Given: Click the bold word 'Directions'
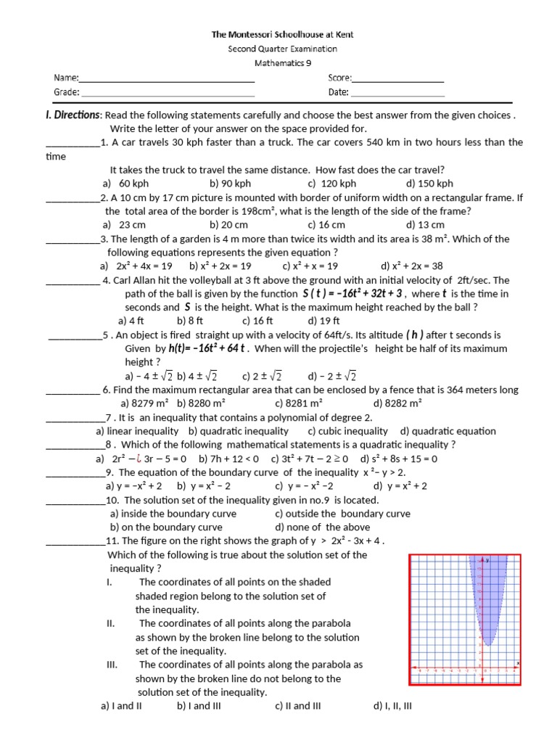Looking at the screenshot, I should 73,115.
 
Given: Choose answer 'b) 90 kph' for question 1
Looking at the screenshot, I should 230,184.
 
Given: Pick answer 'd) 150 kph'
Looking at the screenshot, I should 429,184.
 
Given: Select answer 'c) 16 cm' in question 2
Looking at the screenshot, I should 326,225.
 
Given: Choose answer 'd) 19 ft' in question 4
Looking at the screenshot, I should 323,321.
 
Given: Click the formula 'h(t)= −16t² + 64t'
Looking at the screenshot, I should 210,348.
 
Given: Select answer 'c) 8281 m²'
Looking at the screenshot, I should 299,403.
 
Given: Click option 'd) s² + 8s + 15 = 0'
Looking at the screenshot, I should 400,459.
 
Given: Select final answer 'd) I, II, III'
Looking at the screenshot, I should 392,705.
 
